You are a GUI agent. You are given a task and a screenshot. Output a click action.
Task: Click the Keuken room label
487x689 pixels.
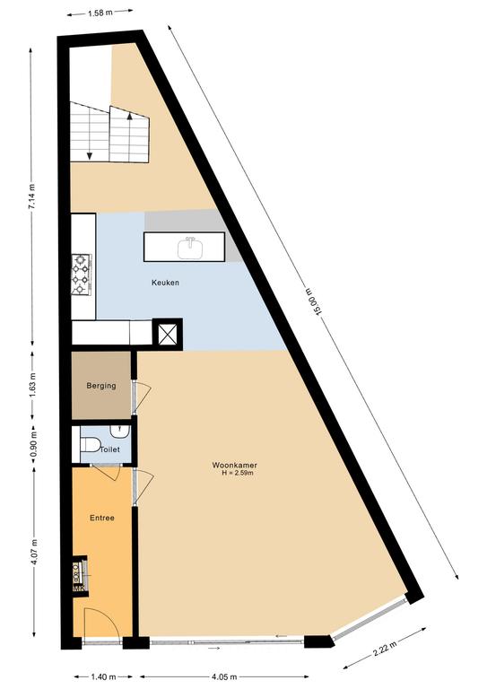click(x=165, y=283)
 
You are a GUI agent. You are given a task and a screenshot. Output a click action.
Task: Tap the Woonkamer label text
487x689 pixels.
click(x=234, y=465)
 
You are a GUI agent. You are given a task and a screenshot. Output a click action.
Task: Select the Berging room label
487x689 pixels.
click(x=101, y=386)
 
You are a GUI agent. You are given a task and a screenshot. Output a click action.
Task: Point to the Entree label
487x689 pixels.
click(x=102, y=518)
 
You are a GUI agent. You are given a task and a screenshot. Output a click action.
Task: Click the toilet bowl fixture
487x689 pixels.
click(x=91, y=445)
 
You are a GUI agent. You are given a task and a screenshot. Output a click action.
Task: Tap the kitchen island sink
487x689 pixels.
click(x=190, y=249)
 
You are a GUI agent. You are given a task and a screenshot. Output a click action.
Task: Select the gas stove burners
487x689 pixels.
click(x=82, y=274)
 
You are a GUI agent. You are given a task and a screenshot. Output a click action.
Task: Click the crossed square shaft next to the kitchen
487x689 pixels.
click(x=167, y=334)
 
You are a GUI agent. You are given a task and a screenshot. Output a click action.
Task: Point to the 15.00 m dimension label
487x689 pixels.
click(x=314, y=301)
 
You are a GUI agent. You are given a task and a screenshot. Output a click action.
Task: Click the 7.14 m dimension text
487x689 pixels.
click(x=31, y=196)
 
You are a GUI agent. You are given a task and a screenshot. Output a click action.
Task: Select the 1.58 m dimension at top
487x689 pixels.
click(x=100, y=13)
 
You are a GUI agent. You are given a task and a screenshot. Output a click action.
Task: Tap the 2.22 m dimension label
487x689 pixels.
click(x=385, y=648)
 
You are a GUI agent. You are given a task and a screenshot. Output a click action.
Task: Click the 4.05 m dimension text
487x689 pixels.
click(x=224, y=676)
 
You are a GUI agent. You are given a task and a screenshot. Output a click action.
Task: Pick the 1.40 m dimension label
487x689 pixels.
click(x=103, y=676)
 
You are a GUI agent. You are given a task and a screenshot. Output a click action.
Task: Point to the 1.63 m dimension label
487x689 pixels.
click(x=33, y=385)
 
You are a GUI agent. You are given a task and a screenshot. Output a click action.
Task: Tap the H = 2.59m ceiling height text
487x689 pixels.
click(x=238, y=473)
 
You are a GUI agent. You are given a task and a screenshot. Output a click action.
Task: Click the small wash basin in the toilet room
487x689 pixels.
click(x=118, y=431)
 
